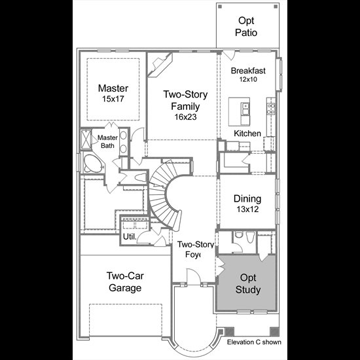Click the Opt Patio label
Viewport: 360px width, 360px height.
pyautogui.click(x=246, y=27)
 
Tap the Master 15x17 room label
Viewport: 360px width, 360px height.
pyautogui.click(x=113, y=93)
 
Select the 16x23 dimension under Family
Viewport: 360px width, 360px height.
pyautogui.click(x=185, y=117)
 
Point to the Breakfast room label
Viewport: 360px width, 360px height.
pyautogui.click(x=248, y=71)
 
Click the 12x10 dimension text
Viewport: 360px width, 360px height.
pyautogui.click(x=248, y=79)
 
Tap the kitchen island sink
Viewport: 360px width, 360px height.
pyautogui.click(x=245, y=109)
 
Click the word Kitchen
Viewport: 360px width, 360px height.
pyautogui.click(x=247, y=134)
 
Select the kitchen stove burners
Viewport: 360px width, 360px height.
pyautogui.click(x=271, y=109)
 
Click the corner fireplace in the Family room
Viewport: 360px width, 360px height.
pyautogui.click(x=160, y=64)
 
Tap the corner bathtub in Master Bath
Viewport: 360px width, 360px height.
pyautogui.click(x=92, y=163)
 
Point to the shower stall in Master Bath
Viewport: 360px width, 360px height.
pyautogui.click(x=86, y=139)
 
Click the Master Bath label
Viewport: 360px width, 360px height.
pyautogui.click(x=107, y=141)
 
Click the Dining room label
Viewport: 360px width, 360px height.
pyautogui.click(x=247, y=199)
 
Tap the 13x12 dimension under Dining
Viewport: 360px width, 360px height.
pyautogui.click(x=247, y=209)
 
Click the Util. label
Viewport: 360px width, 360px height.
pyautogui.click(x=130, y=237)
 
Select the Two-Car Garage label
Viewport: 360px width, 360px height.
pyautogui.click(x=125, y=281)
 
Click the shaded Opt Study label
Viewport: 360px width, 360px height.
pyautogui.click(x=248, y=283)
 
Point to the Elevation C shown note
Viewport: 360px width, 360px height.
pyautogui.click(x=254, y=342)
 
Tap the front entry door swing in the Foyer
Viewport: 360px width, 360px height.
pyautogui.click(x=194, y=276)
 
